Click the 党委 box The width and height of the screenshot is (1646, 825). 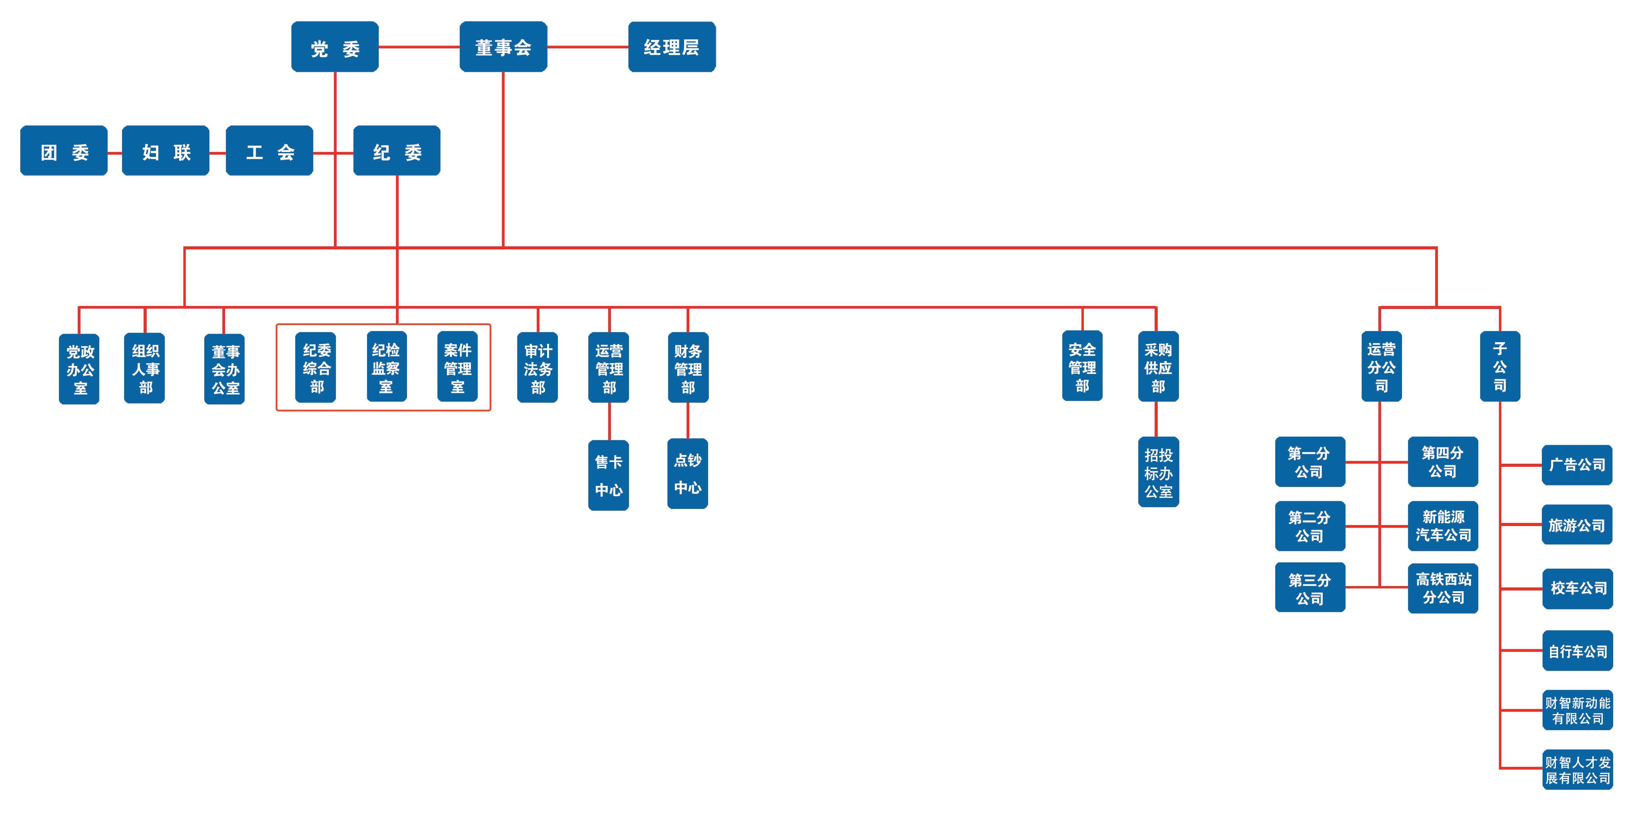point(335,47)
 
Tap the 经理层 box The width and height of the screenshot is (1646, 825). point(672,47)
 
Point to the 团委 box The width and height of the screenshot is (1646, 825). point(64,151)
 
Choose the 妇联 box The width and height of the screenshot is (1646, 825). point(166,151)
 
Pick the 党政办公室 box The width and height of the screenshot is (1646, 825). point(79,369)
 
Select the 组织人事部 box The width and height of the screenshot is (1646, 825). point(144,368)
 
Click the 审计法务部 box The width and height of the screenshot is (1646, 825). point(537,367)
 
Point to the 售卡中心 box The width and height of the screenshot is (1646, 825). point(608,475)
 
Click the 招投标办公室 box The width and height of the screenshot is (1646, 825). point(1158,472)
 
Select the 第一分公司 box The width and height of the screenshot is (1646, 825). point(1310,462)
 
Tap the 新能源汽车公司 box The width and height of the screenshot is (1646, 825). point(1443,525)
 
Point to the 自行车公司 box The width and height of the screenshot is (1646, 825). point(1578,651)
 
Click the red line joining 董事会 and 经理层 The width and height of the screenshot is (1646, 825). point(588,47)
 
